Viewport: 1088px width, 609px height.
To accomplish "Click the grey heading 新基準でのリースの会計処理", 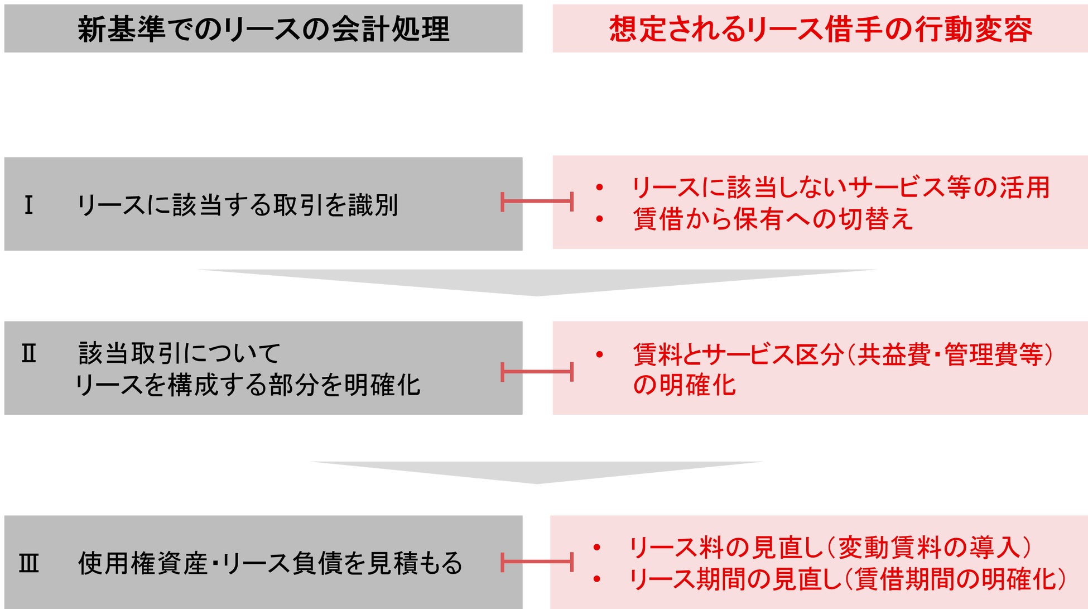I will point(263,29).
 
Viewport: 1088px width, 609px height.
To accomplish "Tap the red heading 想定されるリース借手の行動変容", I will point(820,29).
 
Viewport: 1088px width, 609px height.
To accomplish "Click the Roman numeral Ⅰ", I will point(29,205).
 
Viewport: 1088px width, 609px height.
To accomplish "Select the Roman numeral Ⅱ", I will point(29,354).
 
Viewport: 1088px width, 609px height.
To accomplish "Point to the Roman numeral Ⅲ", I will point(29,563).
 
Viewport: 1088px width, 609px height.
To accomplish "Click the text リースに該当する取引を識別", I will point(238,205).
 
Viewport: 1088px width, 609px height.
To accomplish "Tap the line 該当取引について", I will point(179,353).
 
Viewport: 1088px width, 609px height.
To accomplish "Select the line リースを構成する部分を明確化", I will point(248,385).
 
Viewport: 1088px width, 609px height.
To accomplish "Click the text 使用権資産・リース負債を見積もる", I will point(270,563).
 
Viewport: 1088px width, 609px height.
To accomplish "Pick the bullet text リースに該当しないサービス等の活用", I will point(841,187).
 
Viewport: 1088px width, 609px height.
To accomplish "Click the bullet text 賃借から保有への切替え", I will point(773,219).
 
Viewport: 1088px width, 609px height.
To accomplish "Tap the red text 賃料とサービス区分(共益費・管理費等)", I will point(843,354).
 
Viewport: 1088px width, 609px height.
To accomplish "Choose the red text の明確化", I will point(685,385).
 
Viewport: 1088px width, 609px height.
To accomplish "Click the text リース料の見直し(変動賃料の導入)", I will point(830,547).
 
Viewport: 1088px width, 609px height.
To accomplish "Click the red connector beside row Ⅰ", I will point(537,202).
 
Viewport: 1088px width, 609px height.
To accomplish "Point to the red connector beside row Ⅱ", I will point(537,371).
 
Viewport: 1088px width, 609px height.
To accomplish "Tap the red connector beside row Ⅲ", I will point(537,562).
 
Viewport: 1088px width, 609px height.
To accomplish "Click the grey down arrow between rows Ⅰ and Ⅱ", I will point(537,282).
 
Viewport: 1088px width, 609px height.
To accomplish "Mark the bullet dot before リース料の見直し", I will point(597,548).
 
